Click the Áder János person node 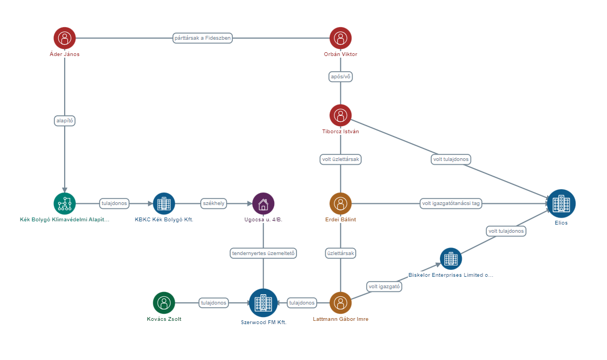point(65,38)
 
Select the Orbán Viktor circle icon point(340,38)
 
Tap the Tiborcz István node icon point(340,115)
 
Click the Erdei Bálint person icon point(340,203)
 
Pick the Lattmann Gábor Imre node point(340,303)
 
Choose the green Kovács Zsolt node point(164,303)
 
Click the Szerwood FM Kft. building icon point(263,303)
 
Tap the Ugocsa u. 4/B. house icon point(263,203)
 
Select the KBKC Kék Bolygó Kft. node point(164,203)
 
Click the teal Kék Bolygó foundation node point(65,203)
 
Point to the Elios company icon point(561,203)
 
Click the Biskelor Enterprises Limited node point(451,259)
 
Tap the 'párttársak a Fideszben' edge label point(202,38)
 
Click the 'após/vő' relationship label point(340,77)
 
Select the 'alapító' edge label point(65,121)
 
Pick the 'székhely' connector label point(213,203)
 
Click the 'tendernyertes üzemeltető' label point(263,253)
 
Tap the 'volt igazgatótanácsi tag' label point(451,203)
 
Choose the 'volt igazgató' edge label point(385,286)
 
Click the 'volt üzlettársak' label point(340,159)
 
